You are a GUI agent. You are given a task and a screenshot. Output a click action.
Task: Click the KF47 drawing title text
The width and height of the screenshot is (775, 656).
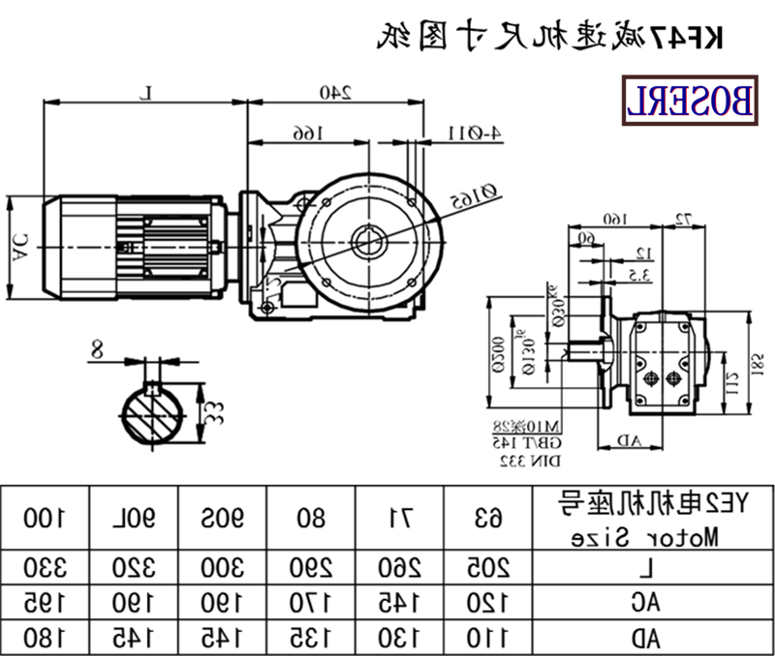549,36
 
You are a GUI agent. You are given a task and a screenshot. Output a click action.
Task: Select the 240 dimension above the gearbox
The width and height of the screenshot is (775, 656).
335,93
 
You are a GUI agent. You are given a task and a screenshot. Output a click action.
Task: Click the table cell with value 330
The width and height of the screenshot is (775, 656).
45,567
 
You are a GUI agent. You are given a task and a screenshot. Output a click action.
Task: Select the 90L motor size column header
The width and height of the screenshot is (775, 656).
134,518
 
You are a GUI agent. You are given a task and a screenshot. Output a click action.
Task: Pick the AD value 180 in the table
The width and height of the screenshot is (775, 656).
45,637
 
